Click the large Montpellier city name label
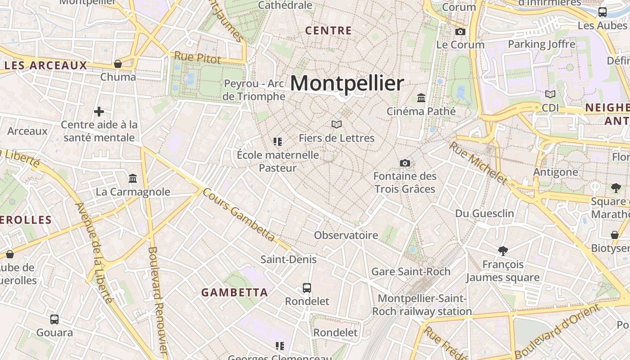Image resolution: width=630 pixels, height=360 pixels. coord(347,84)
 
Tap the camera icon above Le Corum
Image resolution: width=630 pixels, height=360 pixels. coord(460,31)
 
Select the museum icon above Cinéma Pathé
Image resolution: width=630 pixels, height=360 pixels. coord(421,98)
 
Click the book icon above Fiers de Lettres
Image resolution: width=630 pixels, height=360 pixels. coord(337,124)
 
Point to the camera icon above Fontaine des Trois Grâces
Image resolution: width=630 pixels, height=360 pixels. coord(405,163)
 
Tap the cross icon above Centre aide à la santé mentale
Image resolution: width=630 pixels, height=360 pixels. coord(99,111)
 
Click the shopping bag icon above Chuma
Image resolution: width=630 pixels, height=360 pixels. coord(118,64)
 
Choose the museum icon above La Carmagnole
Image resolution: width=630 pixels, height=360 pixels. coord(133,179)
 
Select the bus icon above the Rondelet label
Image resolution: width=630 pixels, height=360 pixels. coord(307,288)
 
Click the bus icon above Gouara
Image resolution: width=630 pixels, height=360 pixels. coord(54,319)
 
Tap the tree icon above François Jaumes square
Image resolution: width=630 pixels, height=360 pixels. coord(503,251)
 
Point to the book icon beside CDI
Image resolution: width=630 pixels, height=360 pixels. coord(550,94)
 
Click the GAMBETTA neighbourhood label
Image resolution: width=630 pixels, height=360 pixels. coord(234,292)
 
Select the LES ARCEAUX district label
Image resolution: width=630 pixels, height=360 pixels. coord(45,66)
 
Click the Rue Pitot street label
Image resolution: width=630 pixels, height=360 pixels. coord(198,58)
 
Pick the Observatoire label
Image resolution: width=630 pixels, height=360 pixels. coord(346,235)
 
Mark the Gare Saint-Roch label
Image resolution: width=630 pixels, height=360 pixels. coord(410,271)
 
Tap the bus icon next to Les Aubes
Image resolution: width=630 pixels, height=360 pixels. coord(603,12)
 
